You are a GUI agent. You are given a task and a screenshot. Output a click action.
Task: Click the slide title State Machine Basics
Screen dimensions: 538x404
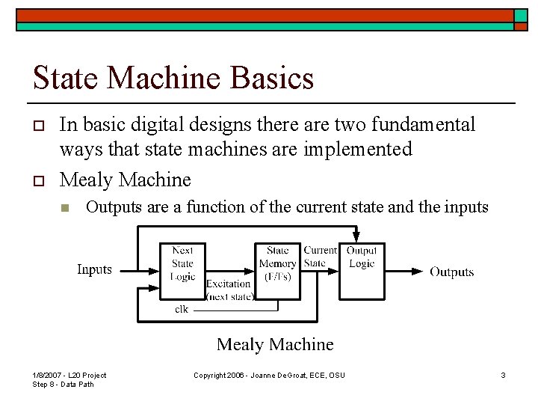173,78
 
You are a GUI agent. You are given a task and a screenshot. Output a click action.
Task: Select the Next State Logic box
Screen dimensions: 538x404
182,263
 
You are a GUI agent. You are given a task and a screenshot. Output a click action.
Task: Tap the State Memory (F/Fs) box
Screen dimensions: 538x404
277,263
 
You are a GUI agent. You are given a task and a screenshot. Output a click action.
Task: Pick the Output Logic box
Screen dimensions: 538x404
361,257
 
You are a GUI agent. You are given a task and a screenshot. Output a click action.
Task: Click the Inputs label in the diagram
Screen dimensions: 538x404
94,269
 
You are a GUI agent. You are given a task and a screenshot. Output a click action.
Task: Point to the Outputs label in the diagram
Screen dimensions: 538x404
451,272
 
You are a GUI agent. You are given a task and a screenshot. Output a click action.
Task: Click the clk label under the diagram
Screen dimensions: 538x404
182,308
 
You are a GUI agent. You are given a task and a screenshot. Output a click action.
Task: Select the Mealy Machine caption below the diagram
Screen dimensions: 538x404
275,344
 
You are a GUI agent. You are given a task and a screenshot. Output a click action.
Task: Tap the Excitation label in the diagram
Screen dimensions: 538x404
228,284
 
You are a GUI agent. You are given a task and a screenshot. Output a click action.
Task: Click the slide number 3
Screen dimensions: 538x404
503,375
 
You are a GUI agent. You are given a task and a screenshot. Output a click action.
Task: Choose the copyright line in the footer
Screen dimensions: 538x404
269,375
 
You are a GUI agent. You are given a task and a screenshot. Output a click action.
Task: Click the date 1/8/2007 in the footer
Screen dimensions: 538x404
48,375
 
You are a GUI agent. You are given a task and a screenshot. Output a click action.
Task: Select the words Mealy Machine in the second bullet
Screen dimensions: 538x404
125,180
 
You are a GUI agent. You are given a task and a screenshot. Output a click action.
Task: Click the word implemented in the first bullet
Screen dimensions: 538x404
358,150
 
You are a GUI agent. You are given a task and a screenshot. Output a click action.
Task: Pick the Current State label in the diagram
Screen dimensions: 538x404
320,257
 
